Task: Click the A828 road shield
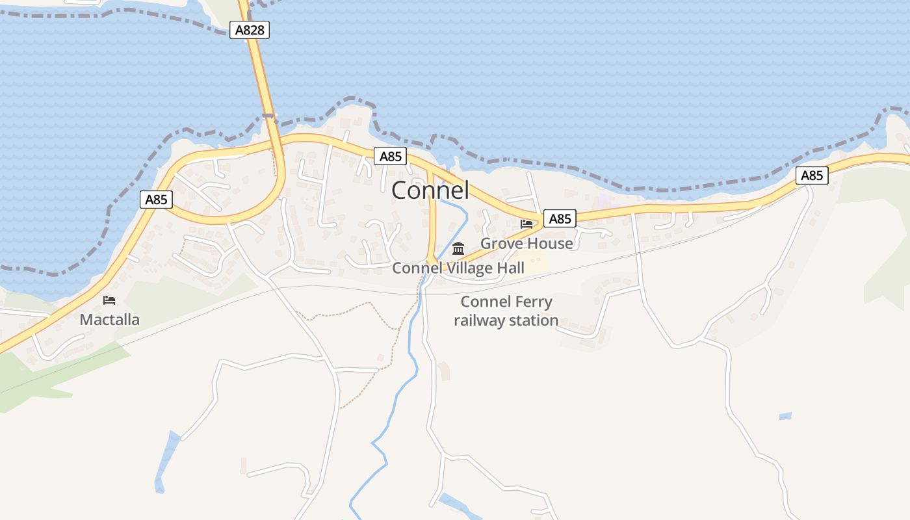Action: tap(250, 29)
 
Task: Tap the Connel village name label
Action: tap(430, 190)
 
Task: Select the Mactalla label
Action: tap(109, 319)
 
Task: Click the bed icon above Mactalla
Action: tap(109, 300)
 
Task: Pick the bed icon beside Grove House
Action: tap(526, 224)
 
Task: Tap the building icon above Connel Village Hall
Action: tap(458, 248)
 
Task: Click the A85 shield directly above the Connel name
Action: tap(391, 156)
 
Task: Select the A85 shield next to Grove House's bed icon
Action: tap(560, 218)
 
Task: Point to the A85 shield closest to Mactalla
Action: tap(156, 200)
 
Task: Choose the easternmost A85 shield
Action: tap(812, 175)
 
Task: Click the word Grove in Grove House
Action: tap(502, 244)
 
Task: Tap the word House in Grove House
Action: tap(550, 244)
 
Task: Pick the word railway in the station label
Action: tap(477, 320)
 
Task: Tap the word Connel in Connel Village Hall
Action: tap(416, 268)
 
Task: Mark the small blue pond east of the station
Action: tap(785, 416)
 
